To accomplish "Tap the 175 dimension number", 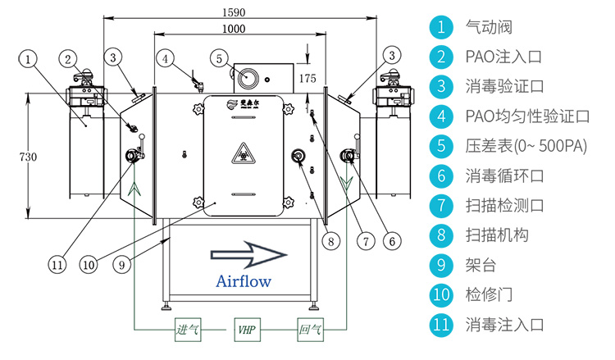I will coord(307,78).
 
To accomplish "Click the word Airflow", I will coord(244,280).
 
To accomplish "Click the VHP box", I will coord(245,330).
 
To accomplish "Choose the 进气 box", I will coord(188,330).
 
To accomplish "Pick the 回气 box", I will coord(311,330).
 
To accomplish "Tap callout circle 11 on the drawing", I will coord(56,264).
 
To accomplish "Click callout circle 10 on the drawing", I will coord(89,264).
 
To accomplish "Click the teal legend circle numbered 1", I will coord(441,27).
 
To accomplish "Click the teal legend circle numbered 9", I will coord(441,265).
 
